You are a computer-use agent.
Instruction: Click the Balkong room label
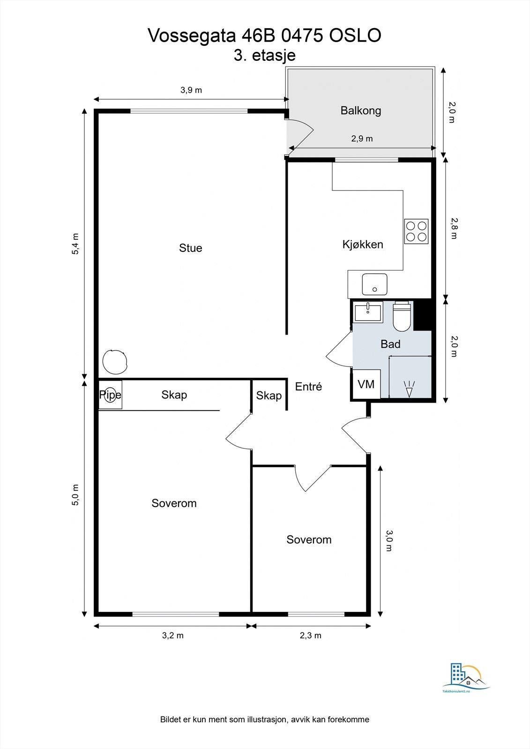[x=360, y=110]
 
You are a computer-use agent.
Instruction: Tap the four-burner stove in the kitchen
[x=416, y=231]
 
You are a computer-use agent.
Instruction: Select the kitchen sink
[x=374, y=284]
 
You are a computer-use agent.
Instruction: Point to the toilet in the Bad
[x=402, y=316]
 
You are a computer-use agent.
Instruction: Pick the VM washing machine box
[x=366, y=384]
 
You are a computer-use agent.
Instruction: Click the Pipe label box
[x=110, y=395]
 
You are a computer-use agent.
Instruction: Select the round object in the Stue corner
[x=115, y=362]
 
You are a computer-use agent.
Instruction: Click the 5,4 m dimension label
[x=75, y=244]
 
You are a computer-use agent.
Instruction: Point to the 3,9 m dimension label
[x=191, y=90]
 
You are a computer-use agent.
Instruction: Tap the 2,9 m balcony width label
[x=362, y=139]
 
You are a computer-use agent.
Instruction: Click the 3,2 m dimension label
[x=173, y=635]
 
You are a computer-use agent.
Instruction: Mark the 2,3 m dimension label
[x=310, y=635]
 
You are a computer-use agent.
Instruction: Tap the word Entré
[x=308, y=387]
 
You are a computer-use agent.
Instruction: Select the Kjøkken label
[x=363, y=244]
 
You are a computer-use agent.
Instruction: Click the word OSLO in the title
[x=355, y=36]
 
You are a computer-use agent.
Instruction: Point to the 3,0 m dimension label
[x=388, y=541]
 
